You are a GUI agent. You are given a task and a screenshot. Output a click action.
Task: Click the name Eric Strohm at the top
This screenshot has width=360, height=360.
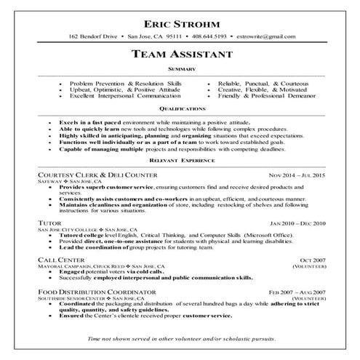(x=180, y=20)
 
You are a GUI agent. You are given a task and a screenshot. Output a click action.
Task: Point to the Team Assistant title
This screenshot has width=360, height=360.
(x=180, y=54)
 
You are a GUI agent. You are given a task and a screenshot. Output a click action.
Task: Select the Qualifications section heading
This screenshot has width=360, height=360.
(x=180, y=108)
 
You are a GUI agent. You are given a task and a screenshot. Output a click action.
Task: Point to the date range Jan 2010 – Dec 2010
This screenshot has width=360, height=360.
(x=297, y=223)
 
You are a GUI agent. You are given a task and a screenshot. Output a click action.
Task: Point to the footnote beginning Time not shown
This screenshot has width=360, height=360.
(x=180, y=340)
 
